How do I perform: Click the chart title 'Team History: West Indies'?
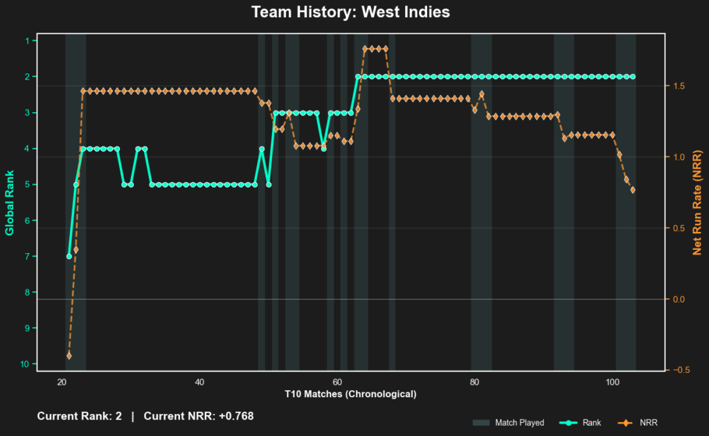(x=350, y=12)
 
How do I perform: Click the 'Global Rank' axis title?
(x=10, y=201)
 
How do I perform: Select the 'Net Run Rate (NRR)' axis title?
(x=698, y=201)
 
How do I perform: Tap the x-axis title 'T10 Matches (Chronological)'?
(x=350, y=394)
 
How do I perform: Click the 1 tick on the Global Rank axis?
(x=27, y=41)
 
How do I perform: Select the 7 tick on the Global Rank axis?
(x=27, y=256)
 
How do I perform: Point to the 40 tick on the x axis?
(x=199, y=381)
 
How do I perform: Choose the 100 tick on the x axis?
(x=612, y=381)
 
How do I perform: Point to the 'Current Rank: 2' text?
(x=79, y=416)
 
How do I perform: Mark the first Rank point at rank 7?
(x=69, y=256)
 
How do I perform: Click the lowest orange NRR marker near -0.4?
(x=69, y=356)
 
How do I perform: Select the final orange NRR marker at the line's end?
(x=633, y=190)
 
